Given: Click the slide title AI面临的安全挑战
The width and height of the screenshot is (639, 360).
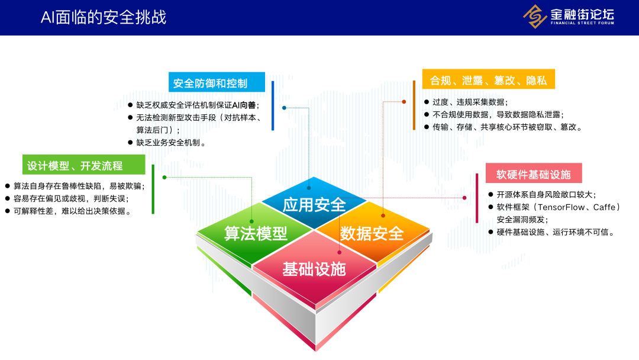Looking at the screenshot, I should tap(103, 17).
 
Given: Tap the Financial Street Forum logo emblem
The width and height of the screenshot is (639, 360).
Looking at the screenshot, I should tap(535, 17).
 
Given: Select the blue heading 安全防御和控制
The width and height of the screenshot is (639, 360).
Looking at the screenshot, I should tap(210, 82).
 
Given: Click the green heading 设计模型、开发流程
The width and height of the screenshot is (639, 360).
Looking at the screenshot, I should tap(75, 165).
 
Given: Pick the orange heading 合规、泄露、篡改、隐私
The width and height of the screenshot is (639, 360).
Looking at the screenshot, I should tap(488, 80).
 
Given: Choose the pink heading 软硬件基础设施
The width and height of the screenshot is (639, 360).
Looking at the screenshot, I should tap(533, 174).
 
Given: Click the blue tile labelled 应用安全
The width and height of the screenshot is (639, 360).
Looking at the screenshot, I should tap(314, 205).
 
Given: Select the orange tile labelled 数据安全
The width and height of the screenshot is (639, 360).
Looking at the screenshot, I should tap(372, 233).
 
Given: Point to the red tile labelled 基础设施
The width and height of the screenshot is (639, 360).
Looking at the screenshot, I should tap(314, 269).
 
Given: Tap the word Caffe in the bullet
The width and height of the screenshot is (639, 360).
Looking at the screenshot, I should tap(604, 207).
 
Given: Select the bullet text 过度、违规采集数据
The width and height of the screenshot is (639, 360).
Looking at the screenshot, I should tap(470, 102).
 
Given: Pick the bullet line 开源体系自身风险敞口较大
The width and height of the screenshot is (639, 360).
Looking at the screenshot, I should tap(546, 194).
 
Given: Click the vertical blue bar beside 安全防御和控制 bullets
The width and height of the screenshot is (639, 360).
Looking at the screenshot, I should tap(273, 105).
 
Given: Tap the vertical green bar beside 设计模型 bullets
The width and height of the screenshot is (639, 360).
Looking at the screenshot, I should tap(153, 189).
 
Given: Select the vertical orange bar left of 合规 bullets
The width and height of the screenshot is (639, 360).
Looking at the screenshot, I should tap(414, 105).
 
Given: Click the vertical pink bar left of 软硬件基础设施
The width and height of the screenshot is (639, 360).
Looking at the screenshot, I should tap(477, 198).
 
